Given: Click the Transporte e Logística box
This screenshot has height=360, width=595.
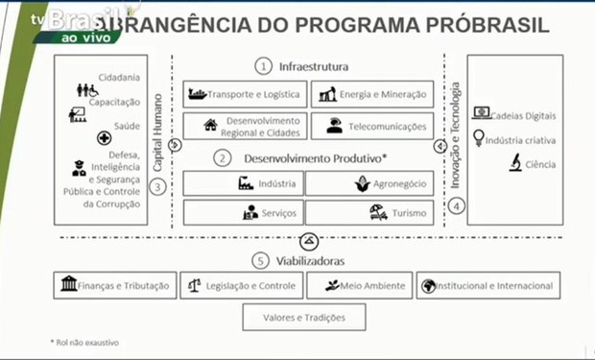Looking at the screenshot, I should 245,94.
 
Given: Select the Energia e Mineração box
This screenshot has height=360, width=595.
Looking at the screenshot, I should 371,94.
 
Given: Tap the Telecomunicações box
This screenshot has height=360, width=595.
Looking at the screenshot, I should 371,125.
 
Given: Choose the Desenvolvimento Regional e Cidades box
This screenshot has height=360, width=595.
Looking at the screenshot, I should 245,125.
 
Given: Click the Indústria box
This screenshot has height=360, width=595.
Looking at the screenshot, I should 245,183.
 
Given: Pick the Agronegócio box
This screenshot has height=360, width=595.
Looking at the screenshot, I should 371,183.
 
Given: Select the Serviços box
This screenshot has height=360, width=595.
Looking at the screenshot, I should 245,212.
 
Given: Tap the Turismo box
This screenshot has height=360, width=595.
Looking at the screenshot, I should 371,212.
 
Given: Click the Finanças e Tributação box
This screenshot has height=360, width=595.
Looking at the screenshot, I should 114,285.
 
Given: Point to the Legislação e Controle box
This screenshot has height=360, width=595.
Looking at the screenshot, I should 241,285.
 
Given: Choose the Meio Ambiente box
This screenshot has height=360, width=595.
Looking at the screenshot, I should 359,285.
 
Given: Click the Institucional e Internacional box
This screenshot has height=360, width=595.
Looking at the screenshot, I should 488,285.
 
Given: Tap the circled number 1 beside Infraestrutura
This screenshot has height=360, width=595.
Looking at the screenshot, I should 262,66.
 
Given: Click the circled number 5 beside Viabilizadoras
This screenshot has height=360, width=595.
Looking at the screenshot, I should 260,260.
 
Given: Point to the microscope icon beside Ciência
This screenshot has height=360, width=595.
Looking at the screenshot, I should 513,163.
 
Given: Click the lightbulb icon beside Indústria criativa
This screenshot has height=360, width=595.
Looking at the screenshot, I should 478,139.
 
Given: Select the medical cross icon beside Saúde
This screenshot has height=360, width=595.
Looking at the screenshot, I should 104,138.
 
